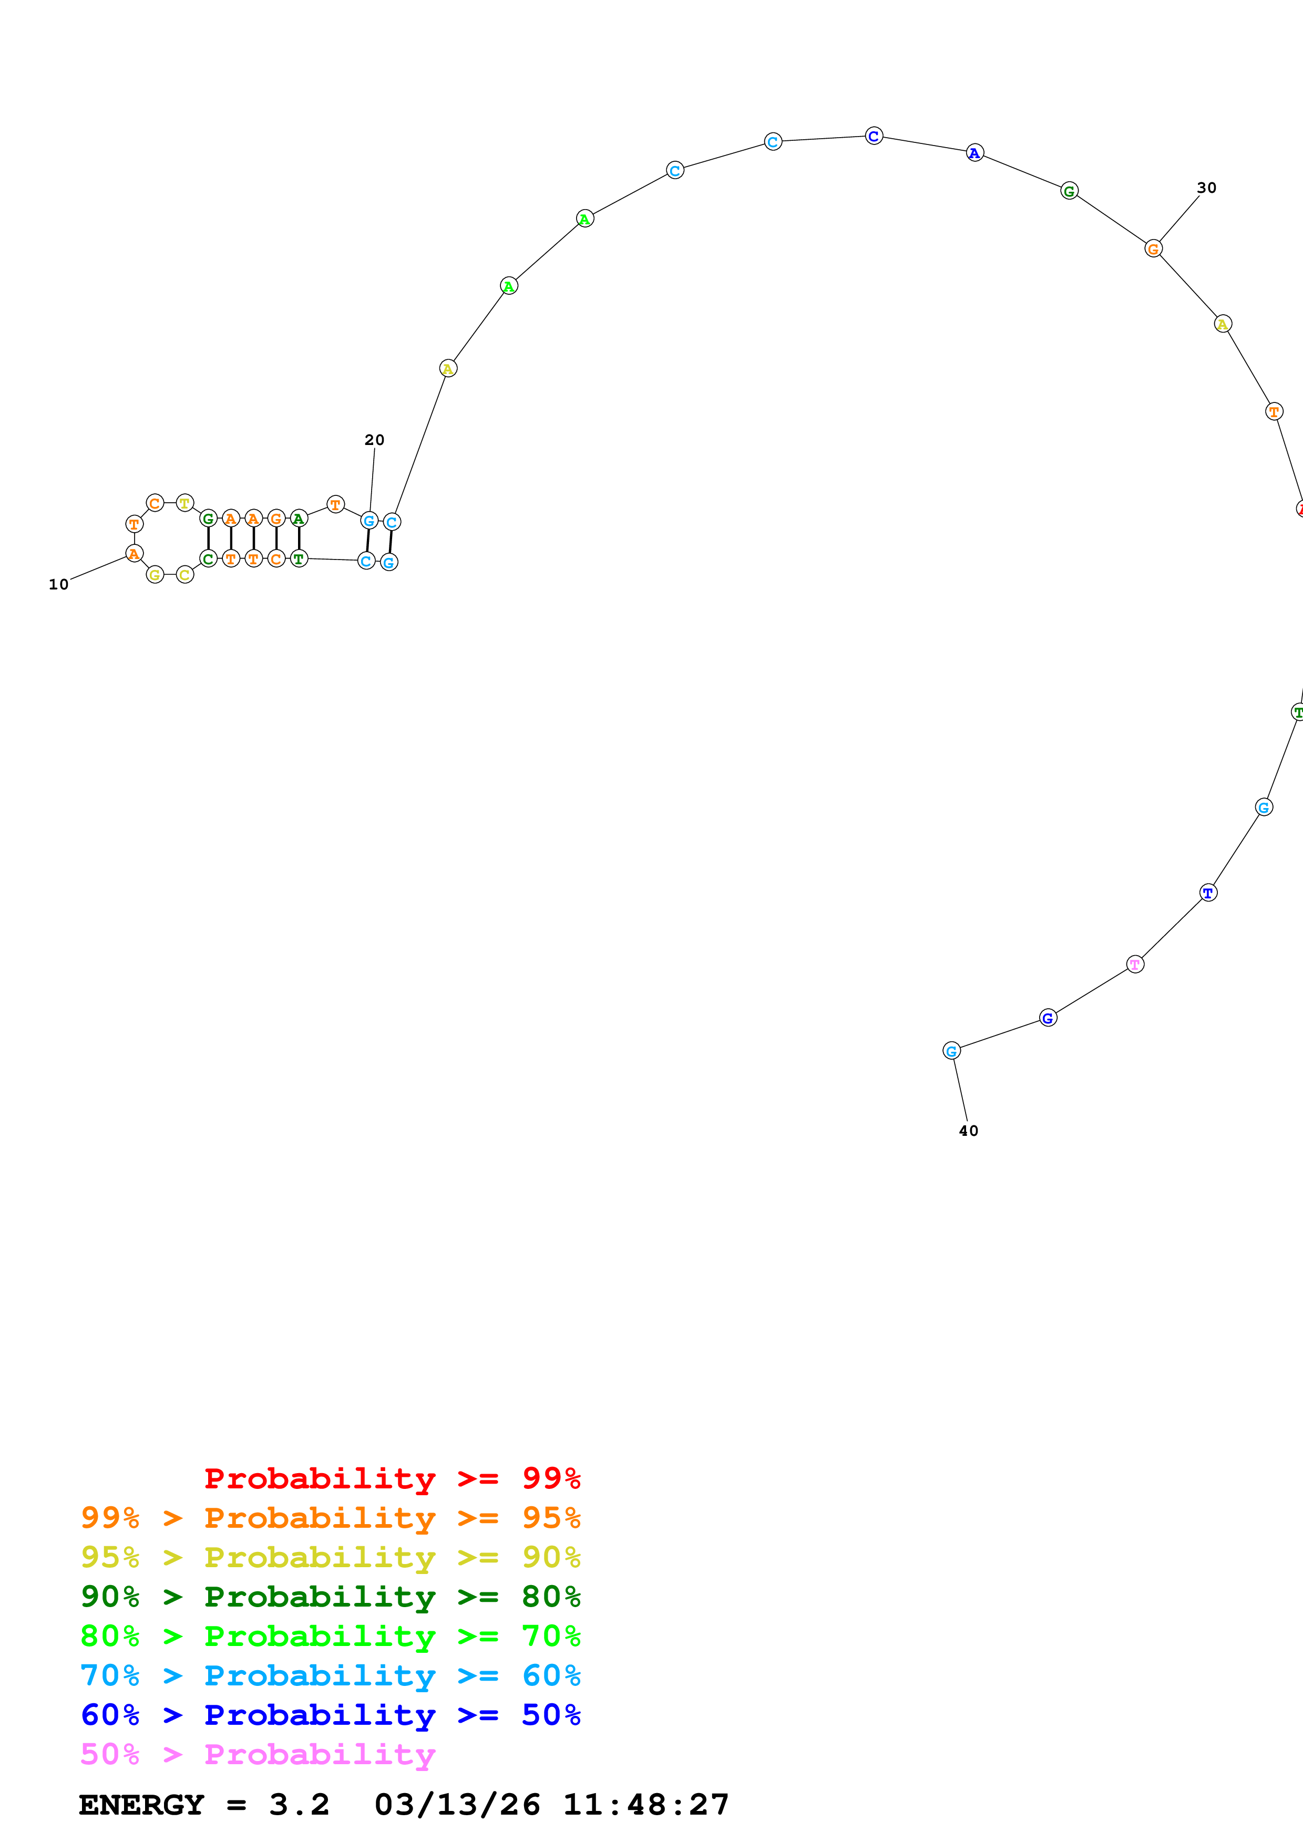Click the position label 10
click(x=59, y=584)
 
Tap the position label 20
click(x=374, y=440)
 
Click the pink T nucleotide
click(x=1134, y=964)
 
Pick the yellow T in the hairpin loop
click(x=184, y=503)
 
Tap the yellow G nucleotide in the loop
click(x=155, y=575)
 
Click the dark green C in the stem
click(x=208, y=558)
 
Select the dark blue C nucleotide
click(x=874, y=137)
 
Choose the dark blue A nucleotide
click(x=974, y=153)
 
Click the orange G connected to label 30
click(x=1153, y=249)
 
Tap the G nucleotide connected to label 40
click(x=951, y=1051)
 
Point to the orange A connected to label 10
click(x=134, y=554)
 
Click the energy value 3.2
click(x=299, y=1805)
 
